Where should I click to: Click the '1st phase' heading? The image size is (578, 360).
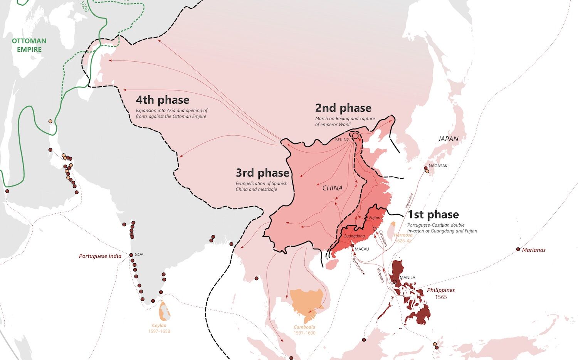(x=433, y=214)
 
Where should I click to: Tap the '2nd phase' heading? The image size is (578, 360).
(x=343, y=108)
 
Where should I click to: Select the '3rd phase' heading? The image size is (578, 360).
(x=262, y=173)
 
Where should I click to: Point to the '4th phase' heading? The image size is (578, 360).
(x=162, y=100)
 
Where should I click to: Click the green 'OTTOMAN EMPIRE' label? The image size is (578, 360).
(x=29, y=45)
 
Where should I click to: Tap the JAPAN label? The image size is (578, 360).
(x=448, y=139)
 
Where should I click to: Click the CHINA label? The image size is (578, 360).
(x=332, y=188)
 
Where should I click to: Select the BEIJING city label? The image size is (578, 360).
(x=342, y=140)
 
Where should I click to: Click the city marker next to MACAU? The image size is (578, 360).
(x=352, y=246)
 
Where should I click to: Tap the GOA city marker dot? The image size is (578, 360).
(x=131, y=255)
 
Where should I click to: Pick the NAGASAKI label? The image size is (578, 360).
(x=439, y=166)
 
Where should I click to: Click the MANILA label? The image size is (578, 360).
(x=407, y=278)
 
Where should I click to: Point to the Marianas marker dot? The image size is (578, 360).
(x=518, y=249)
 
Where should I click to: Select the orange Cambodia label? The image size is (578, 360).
(x=304, y=327)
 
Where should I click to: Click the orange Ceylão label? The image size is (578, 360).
(x=159, y=326)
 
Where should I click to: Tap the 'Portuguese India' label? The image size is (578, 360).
(x=100, y=256)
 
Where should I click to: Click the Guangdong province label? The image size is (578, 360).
(x=354, y=236)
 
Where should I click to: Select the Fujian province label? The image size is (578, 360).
(x=375, y=218)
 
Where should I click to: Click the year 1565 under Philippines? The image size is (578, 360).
(x=441, y=297)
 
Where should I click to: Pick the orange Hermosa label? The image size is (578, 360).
(x=403, y=235)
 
